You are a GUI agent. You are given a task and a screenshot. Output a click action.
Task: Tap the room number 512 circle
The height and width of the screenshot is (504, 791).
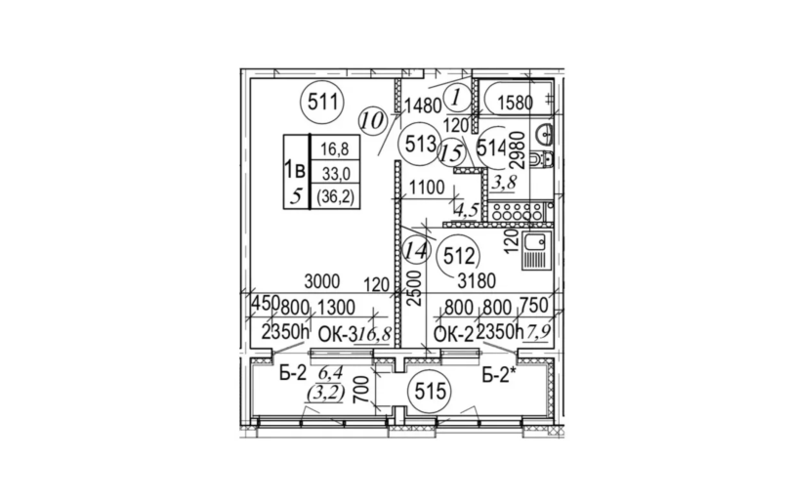coord(458,259)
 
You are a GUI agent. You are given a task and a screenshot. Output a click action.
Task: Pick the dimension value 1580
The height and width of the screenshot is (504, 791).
coord(515,102)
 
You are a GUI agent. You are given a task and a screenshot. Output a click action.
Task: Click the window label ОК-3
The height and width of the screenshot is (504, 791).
coord(327,335)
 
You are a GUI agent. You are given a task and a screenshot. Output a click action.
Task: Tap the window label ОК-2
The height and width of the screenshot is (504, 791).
coord(452,335)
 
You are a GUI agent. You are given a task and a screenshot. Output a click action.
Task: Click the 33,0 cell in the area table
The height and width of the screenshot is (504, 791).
coord(332,173)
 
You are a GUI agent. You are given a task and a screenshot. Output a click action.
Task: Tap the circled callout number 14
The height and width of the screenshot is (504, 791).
coord(415,250)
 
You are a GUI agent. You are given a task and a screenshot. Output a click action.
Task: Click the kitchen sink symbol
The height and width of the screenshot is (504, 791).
coord(536,252)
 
